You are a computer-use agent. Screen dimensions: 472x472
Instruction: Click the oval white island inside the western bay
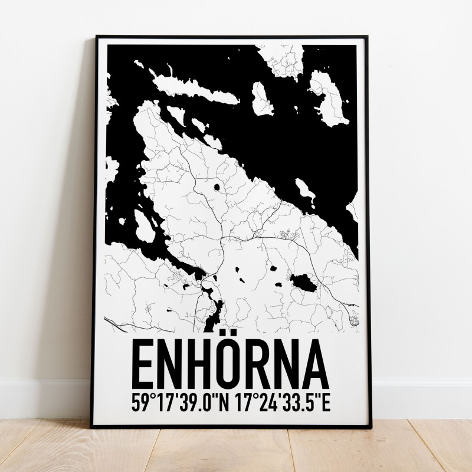coord(144,222)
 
